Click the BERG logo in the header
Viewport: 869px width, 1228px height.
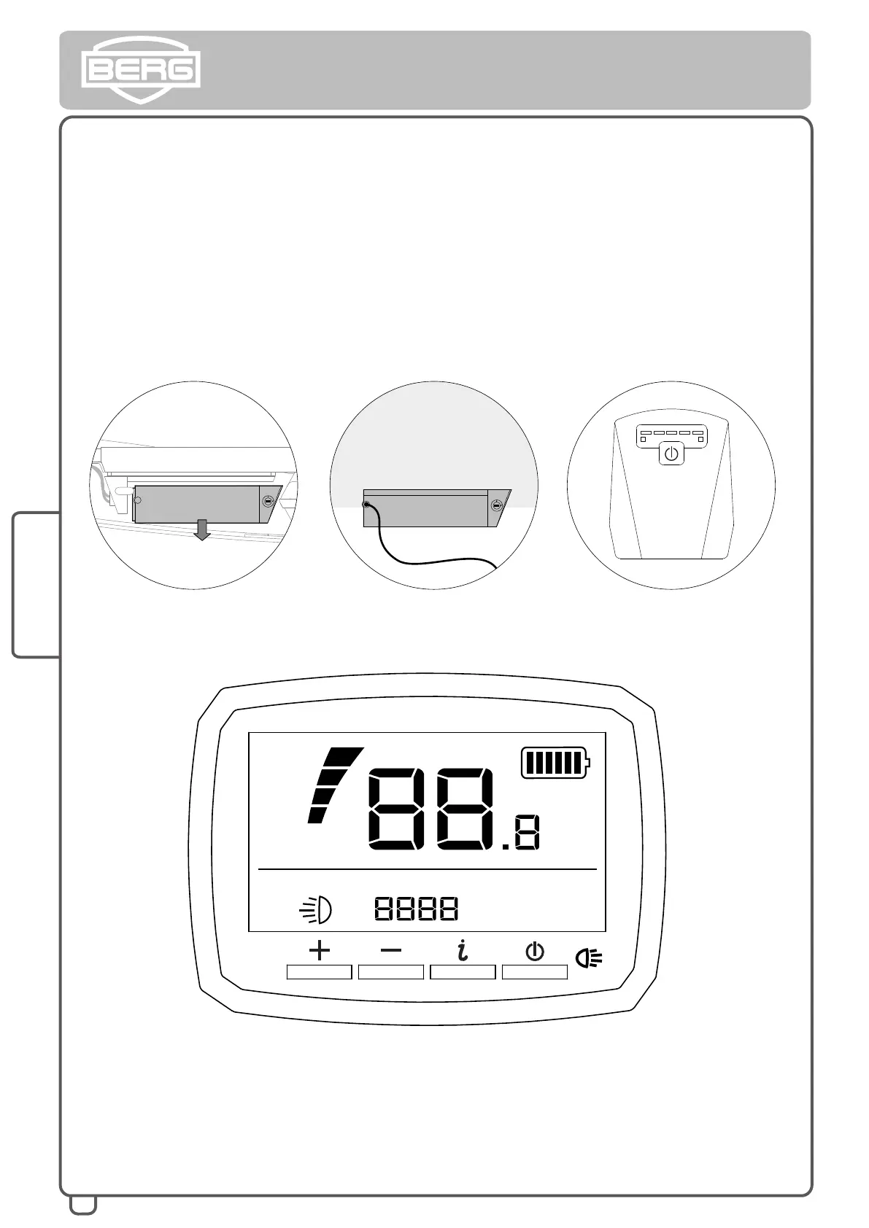tap(140, 70)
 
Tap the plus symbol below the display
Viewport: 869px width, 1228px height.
tap(320, 950)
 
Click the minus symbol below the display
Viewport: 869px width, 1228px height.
tap(391, 950)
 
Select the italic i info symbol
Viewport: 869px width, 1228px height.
tap(462, 950)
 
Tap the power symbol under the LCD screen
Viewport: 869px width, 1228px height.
tap(535, 951)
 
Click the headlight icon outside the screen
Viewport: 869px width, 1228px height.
tap(589, 957)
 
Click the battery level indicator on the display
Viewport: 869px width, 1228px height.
tap(555, 763)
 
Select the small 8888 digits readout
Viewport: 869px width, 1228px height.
tap(416, 909)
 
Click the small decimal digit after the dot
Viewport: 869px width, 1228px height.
tap(527, 833)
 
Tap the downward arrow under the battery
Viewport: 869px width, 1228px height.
tap(202, 529)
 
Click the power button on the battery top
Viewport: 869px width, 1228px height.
tap(671, 454)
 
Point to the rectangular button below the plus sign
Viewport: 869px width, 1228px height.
tap(320, 971)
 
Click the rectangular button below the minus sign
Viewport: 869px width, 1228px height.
tap(391, 971)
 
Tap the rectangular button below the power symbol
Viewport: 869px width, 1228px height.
tap(535, 971)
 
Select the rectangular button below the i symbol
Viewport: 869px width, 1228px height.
tap(463, 971)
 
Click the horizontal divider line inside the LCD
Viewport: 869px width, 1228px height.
tap(428, 869)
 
